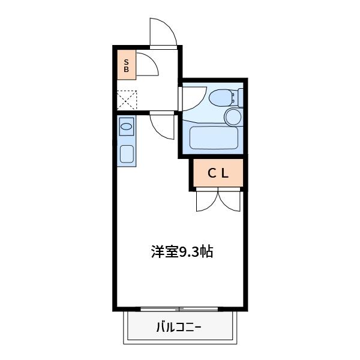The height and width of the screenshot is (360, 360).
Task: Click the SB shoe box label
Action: click(127, 65)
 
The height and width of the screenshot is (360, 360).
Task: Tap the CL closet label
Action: click(218, 173)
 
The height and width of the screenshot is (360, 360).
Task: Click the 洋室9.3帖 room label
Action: click(181, 251)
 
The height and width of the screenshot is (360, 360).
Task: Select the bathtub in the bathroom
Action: click(213, 138)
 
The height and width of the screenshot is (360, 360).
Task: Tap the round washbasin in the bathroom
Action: click(232, 116)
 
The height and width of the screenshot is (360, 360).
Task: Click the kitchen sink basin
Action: click(126, 127)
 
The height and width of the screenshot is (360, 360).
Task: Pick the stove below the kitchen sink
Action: click(126, 154)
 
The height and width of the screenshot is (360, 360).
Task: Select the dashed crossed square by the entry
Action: click(127, 100)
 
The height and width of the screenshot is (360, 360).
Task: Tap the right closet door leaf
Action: click(230, 201)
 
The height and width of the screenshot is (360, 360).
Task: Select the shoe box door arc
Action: click(147, 65)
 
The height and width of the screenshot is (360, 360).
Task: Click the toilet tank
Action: click(240, 96)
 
